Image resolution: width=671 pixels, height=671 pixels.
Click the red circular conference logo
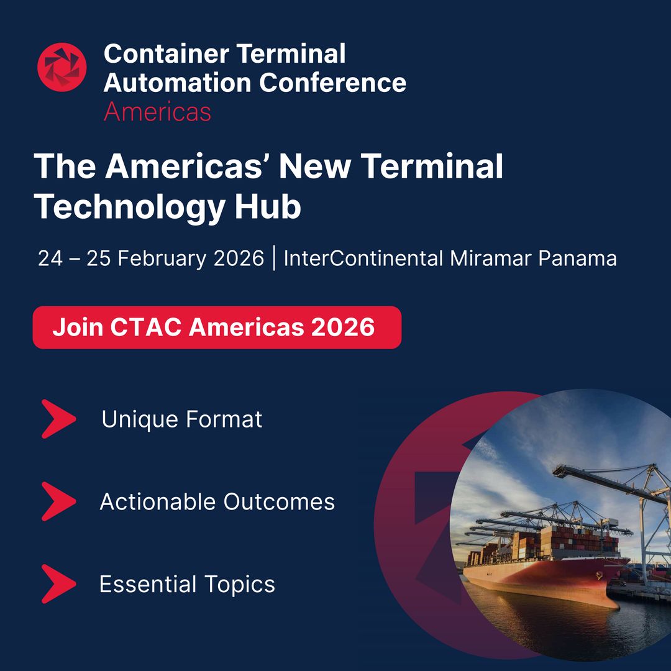[x=62, y=67]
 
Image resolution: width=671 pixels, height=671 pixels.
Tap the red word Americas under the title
[x=157, y=112]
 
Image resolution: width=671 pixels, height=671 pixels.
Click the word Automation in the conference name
[x=178, y=82]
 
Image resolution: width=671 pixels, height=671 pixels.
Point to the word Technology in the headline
[x=128, y=207]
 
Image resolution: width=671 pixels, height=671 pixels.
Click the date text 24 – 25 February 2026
[x=151, y=258]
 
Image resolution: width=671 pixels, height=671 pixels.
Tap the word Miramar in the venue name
[x=491, y=258]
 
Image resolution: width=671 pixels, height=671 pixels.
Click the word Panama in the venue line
[x=578, y=258]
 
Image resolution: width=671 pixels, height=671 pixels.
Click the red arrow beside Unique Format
[x=58, y=419]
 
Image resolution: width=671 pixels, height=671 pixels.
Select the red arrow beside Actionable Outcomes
[x=58, y=501]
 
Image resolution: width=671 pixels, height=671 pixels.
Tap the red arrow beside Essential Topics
[x=58, y=584]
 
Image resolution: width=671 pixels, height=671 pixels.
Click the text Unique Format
[x=182, y=419]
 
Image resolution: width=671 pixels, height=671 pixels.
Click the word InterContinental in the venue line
[x=363, y=258]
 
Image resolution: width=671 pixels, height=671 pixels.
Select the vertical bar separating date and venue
[x=274, y=258]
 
